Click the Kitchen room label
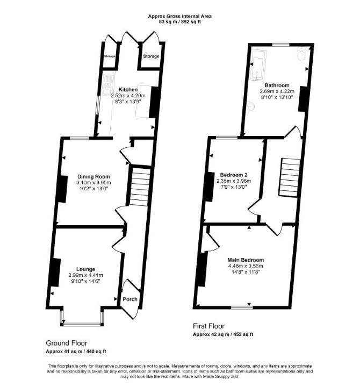tap(128, 89)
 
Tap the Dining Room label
tap(93, 176)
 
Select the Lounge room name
tap(85, 269)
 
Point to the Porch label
tap(130, 299)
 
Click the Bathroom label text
tap(277, 85)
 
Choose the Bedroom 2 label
tap(234, 175)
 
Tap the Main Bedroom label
tap(246, 260)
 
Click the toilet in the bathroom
tap(301, 54)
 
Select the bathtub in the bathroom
tap(258, 66)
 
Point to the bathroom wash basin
tap(250, 106)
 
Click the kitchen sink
tap(107, 85)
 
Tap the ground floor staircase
tap(139, 187)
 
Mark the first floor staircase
tap(290, 177)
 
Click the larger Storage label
tap(151, 56)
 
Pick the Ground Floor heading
tap(67, 343)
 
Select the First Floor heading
tap(208, 326)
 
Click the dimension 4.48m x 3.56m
tap(246, 266)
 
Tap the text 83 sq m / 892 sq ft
tap(179, 22)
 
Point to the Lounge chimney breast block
tap(55, 272)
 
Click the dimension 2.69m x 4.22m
tap(277, 91)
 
